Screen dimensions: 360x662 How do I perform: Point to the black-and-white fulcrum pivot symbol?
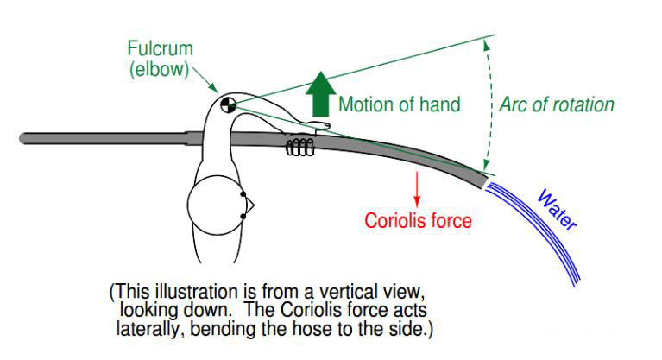pyautogui.click(x=228, y=104)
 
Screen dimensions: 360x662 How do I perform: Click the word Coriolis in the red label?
pyautogui.click(x=394, y=221)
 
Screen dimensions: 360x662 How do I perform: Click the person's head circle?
pyautogui.click(x=215, y=205)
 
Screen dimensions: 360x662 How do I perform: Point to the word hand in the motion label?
pyautogui.click(x=440, y=105)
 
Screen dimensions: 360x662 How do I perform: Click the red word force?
pyautogui.click(x=451, y=221)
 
